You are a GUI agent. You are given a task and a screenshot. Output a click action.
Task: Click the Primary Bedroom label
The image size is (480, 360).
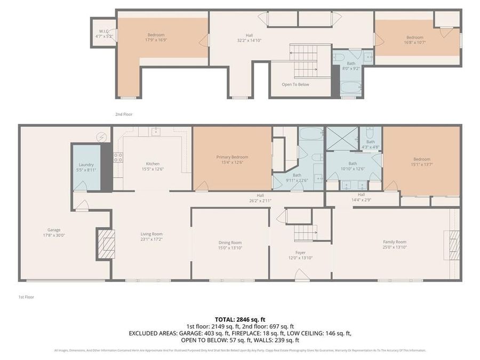232,157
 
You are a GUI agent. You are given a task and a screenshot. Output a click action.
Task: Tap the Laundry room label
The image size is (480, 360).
86,165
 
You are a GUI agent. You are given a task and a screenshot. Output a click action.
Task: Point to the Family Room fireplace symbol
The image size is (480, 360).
454,245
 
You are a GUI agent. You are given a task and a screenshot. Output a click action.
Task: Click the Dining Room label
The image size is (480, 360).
230,243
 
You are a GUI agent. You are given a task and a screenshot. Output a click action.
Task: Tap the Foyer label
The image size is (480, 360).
301,253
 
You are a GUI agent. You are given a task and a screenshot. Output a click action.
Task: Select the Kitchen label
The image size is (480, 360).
153,164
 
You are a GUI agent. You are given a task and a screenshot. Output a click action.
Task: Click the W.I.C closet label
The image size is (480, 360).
104,31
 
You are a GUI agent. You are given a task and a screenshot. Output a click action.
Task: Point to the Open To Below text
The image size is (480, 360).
295,84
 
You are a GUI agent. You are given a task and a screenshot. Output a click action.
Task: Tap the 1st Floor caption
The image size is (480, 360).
26,297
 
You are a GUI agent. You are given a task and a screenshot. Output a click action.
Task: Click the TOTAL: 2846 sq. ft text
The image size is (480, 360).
239,319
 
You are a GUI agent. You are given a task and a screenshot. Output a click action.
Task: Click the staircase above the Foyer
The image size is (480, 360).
305,233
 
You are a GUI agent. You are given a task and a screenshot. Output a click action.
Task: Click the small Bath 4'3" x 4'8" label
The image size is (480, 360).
370,142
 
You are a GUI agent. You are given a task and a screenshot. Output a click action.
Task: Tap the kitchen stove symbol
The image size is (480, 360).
118,157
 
